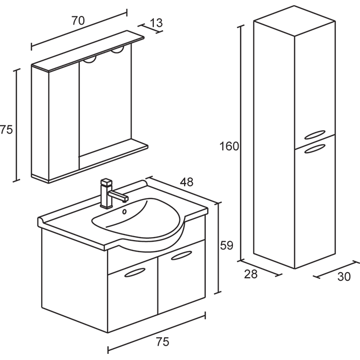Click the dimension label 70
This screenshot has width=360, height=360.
click(78, 21)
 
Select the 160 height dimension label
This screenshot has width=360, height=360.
click(229, 146)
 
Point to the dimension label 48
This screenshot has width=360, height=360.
click(187, 182)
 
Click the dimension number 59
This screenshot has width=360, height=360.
click(227, 245)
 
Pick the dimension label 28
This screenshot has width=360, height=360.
click(250, 274)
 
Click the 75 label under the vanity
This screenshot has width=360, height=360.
click(162, 341)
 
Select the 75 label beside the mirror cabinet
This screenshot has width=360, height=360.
click(6, 130)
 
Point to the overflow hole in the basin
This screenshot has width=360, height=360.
click(124, 211)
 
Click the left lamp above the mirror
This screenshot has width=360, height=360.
click(91, 59)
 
